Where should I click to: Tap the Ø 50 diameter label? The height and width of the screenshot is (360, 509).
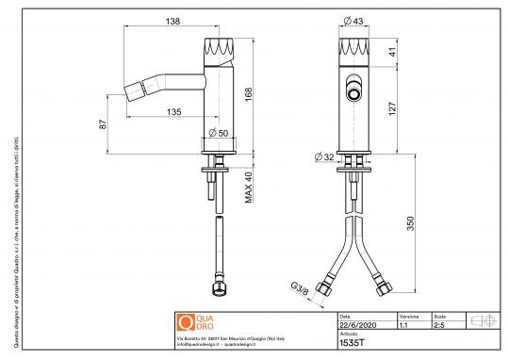[219, 132]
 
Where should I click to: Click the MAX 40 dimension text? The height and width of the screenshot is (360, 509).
[250, 188]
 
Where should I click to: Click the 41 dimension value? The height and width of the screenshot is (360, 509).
[393, 54]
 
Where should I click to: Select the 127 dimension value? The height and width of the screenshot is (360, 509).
[393, 109]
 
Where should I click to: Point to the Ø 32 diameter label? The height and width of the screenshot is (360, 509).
[324, 155]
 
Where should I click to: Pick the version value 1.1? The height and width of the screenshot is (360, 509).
[403, 326]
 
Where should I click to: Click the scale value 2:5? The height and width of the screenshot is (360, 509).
[439, 326]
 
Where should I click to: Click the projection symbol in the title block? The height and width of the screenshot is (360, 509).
[482, 320]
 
